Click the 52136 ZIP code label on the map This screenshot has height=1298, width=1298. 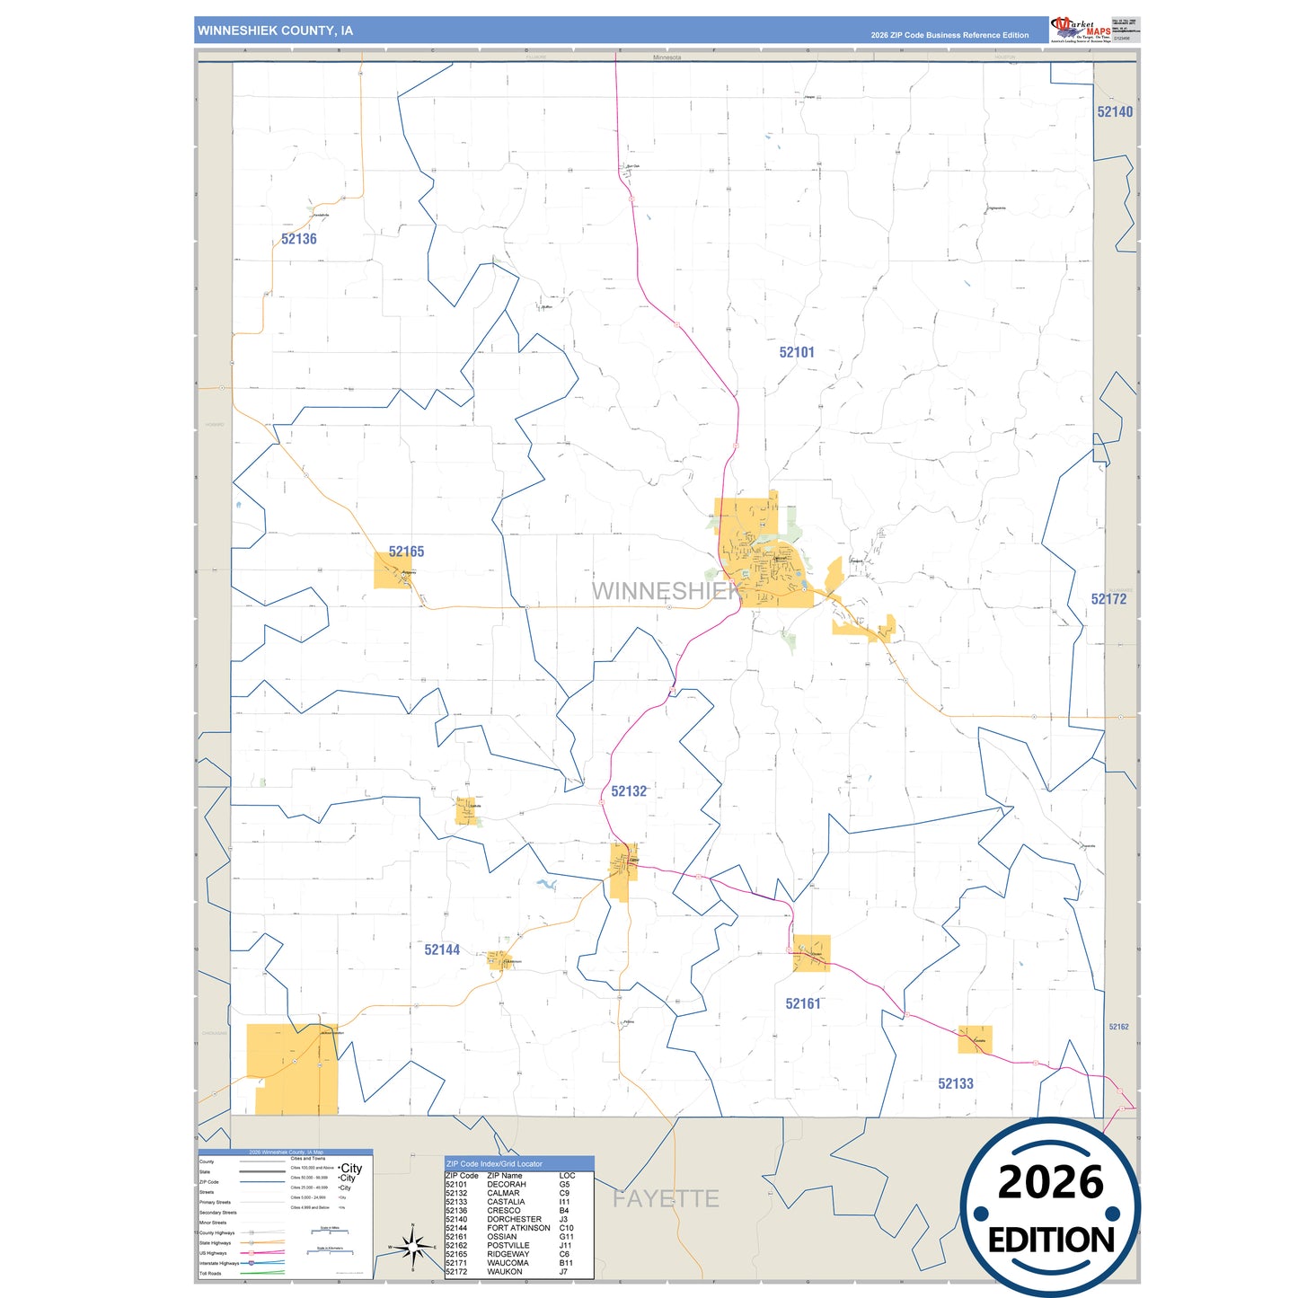pos(298,239)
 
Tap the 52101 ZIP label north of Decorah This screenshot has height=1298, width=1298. pos(797,352)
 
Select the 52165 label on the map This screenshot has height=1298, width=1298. pos(406,552)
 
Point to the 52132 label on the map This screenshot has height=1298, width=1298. pos(629,791)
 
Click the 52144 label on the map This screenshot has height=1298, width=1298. pos(442,949)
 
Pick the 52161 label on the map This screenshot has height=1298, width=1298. pos(803,1003)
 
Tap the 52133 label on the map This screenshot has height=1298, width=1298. pos(956,1083)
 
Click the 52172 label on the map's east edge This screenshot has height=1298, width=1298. pos(1108,599)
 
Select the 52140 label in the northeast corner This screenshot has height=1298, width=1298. pos(1115,112)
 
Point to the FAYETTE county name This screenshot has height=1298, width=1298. pos(666,1198)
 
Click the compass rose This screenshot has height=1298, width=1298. pos(412,1247)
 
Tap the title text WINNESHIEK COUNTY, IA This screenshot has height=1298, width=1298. pos(275,31)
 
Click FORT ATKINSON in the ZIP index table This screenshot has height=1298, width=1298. pos(518,1228)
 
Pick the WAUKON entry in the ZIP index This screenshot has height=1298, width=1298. pos(504,1271)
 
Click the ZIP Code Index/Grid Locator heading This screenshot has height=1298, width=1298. pos(494,1163)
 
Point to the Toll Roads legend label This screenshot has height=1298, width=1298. pos(210,1273)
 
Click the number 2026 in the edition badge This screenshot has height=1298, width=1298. pos(1050,1182)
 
